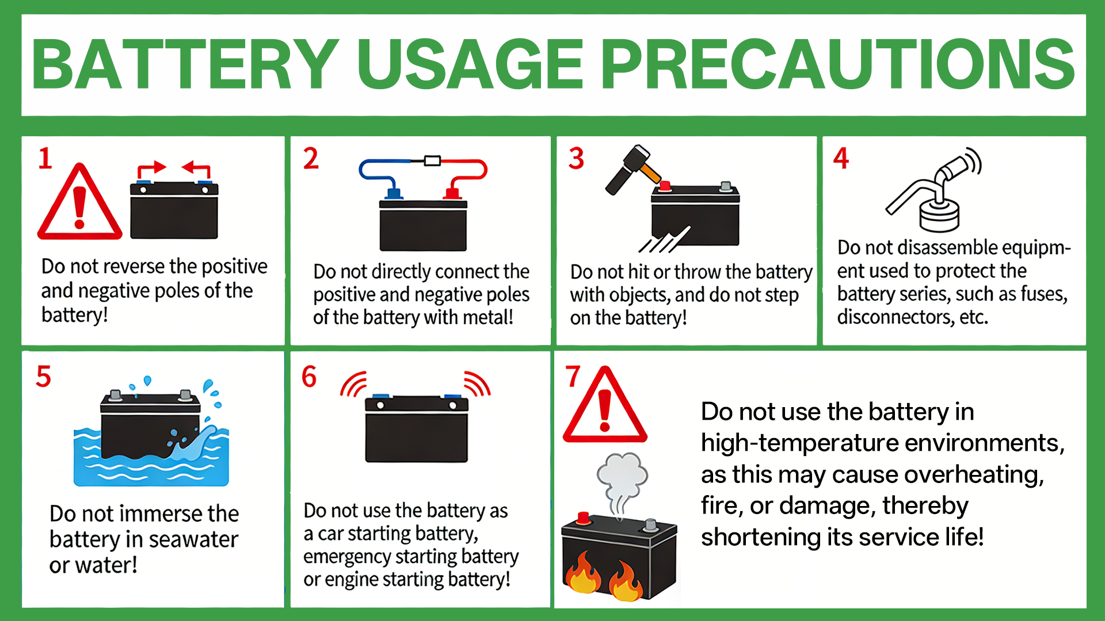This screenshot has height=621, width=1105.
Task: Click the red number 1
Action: click(45, 158)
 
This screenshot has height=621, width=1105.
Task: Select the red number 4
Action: click(841, 158)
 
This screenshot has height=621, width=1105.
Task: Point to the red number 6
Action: click(309, 377)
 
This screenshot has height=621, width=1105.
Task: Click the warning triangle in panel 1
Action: click(80, 202)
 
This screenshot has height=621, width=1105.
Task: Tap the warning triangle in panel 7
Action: click(605, 405)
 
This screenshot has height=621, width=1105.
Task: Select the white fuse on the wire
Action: click(432, 160)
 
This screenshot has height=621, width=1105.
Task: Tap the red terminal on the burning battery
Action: click(584, 517)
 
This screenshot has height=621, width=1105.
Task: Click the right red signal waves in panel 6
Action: click(477, 384)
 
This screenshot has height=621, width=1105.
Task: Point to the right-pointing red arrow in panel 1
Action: click(151, 170)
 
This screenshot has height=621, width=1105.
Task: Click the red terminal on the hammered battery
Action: click(665, 186)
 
